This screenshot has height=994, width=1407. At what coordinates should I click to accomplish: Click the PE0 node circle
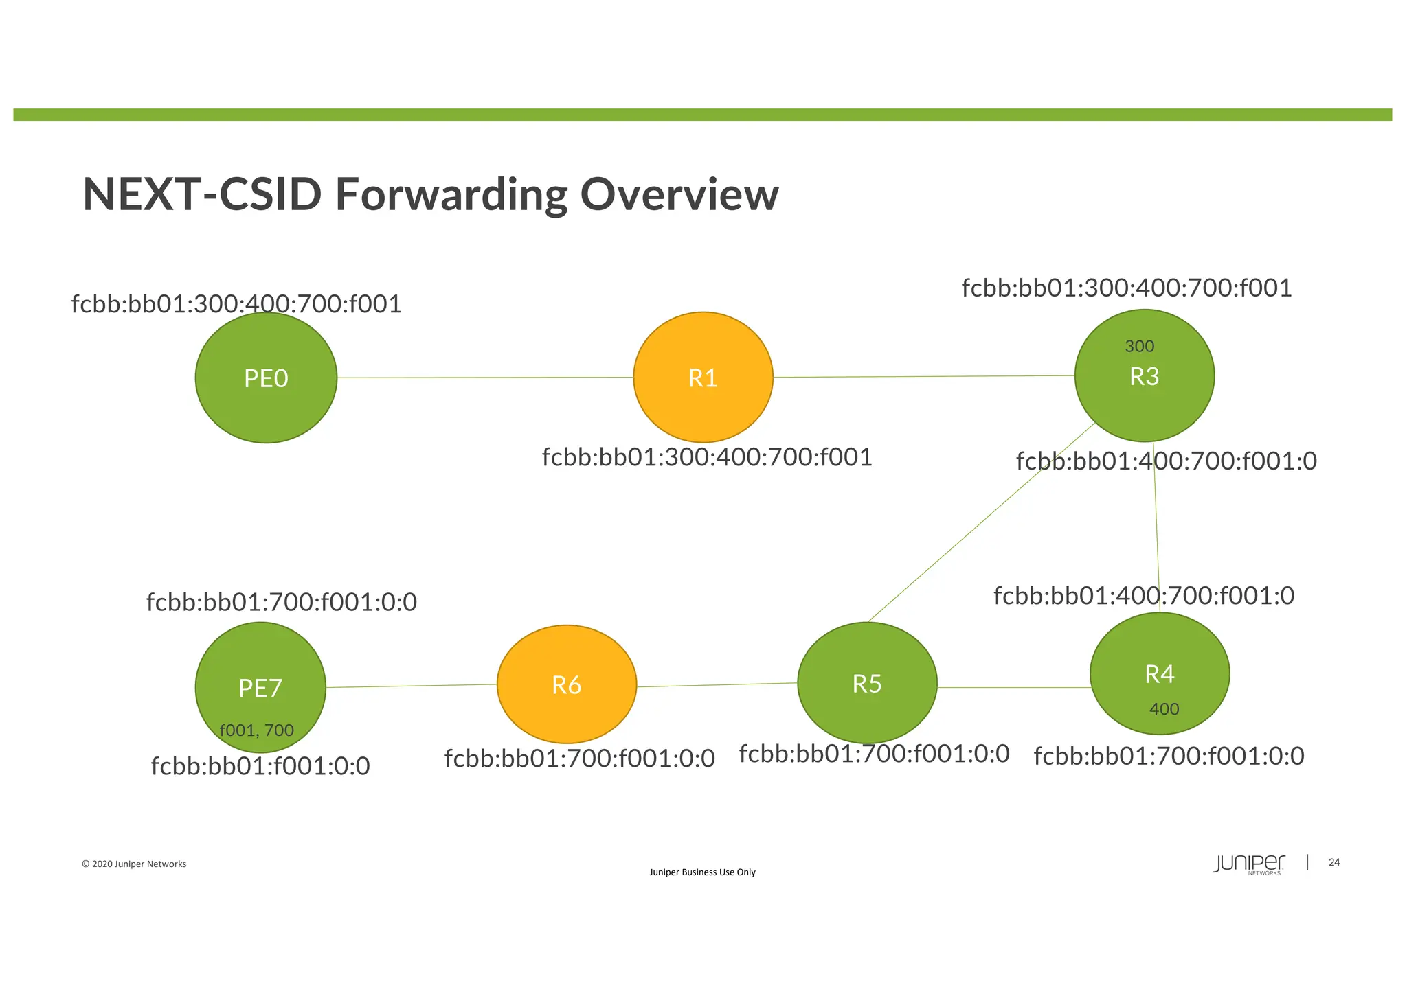[266, 378]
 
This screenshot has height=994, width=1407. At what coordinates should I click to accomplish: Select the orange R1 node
[703, 378]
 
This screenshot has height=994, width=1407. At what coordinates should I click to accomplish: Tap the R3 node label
[1144, 377]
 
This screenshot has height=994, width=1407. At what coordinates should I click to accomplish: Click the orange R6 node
[567, 685]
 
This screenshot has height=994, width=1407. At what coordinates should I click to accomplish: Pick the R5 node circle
[867, 684]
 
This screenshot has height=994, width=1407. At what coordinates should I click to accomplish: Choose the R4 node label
[1159, 675]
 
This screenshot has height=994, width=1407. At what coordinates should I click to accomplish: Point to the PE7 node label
[260, 688]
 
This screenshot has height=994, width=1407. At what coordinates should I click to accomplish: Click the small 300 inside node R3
[1139, 347]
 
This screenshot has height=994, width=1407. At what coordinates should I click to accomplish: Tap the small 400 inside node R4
[1164, 709]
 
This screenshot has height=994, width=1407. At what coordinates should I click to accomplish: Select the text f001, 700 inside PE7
[256, 730]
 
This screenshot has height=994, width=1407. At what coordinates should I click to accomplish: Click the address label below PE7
[260, 766]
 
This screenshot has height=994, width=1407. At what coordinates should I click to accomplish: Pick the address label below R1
[707, 457]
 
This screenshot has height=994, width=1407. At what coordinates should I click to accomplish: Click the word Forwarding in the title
[451, 195]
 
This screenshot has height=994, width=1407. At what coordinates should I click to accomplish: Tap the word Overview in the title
[679, 195]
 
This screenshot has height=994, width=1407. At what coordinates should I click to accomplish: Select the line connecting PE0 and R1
[484, 378]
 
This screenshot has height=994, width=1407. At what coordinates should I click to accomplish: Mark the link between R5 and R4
[1013, 687]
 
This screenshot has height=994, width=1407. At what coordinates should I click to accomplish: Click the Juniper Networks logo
[1248, 864]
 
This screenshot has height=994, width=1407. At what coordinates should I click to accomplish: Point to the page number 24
[1334, 862]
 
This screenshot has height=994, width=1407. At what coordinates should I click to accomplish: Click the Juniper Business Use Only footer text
[702, 872]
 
